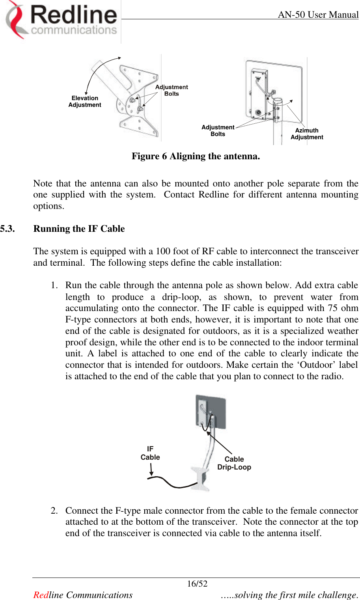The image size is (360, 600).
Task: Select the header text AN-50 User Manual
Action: (318, 15)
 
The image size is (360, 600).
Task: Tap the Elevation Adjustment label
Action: (85, 102)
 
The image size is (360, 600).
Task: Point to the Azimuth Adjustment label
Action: (307, 134)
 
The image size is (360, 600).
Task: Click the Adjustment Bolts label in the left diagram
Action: (172, 90)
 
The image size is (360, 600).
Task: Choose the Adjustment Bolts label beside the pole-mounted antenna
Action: (218, 130)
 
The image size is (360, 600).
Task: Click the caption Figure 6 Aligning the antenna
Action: (196, 157)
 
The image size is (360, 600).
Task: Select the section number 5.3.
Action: (8, 229)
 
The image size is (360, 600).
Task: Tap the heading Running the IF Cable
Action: (79, 229)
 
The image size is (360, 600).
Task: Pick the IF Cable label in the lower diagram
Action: (150, 453)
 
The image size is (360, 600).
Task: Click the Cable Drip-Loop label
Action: (234, 463)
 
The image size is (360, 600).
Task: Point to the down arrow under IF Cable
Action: (151, 470)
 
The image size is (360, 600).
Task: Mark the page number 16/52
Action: (197, 584)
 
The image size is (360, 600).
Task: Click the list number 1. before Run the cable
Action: (54, 285)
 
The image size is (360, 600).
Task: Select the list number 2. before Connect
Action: (54, 511)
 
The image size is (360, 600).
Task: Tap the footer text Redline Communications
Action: (83, 595)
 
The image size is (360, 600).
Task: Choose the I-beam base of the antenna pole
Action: (201, 479)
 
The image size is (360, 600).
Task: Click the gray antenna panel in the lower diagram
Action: (218, 410)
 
